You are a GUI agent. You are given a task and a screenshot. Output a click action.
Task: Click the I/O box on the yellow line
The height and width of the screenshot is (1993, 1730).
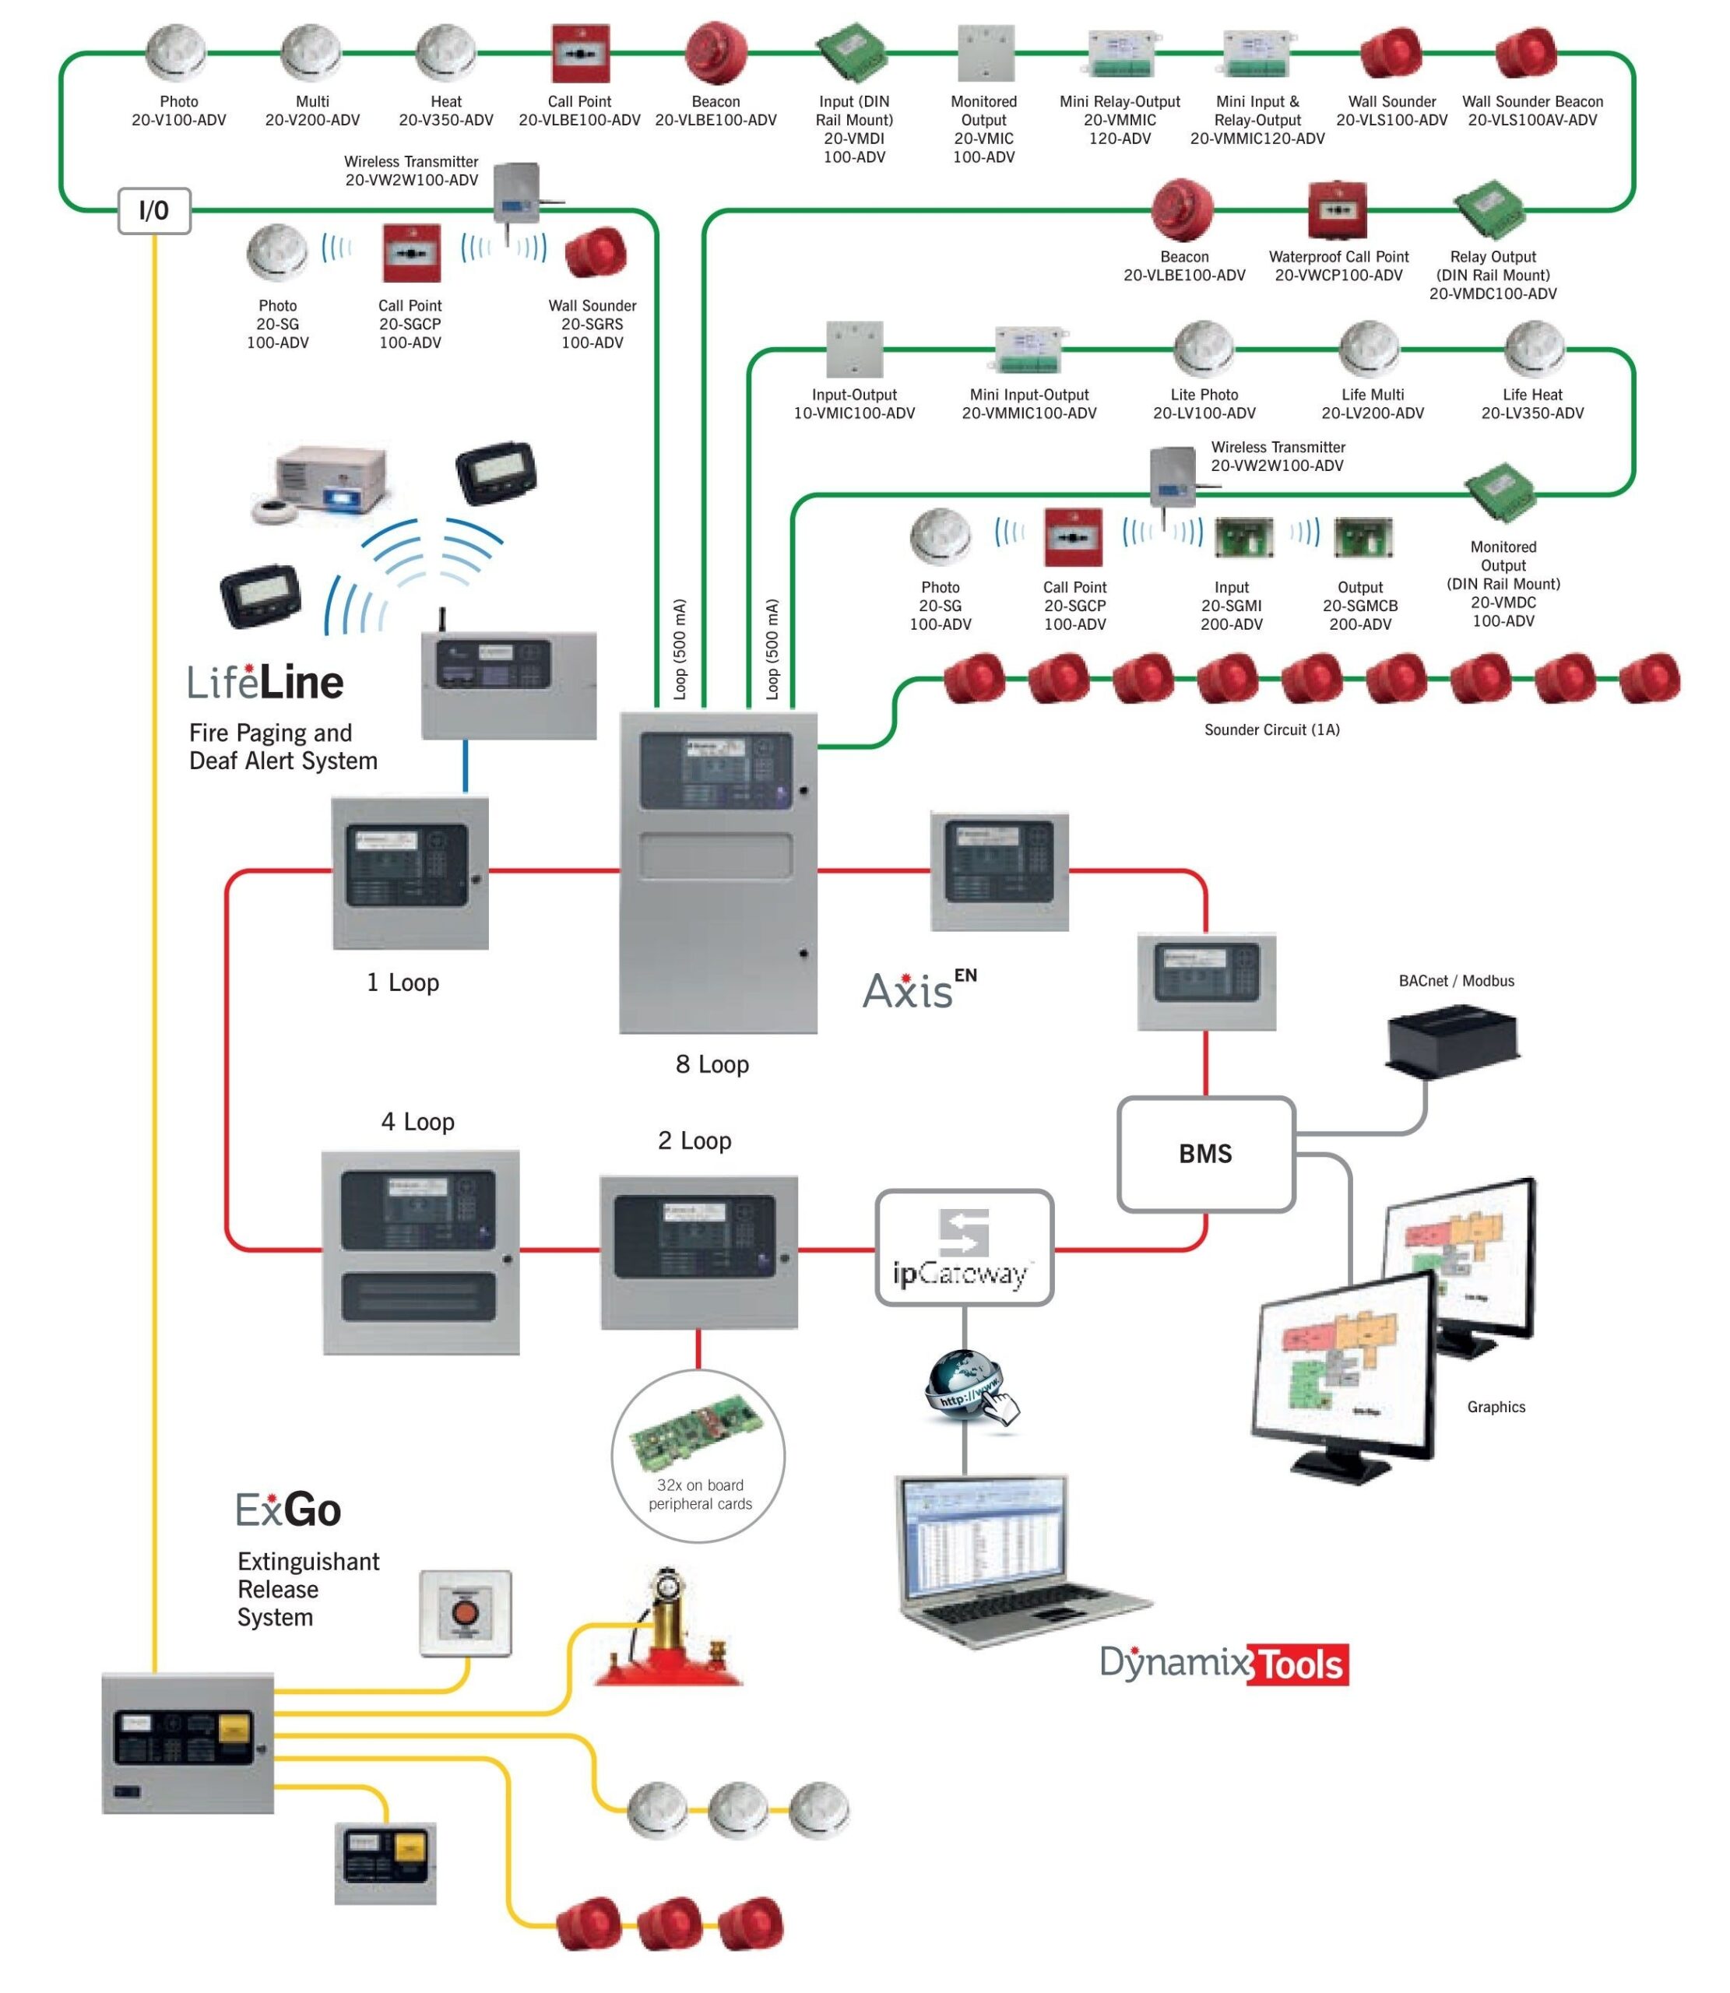click(154, 210)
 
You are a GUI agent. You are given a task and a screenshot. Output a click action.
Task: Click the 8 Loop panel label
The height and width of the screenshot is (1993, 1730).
click(712, 1064)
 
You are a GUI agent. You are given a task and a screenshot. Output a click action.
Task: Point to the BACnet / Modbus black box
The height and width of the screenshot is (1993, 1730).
click(1453, 1040)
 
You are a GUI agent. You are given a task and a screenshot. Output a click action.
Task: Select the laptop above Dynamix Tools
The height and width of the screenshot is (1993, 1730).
click(1004, 1559)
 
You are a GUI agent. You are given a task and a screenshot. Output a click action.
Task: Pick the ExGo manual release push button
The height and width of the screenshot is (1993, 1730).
click(466, 1614)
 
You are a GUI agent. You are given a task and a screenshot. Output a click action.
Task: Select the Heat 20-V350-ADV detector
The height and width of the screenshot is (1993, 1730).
click(445, 53)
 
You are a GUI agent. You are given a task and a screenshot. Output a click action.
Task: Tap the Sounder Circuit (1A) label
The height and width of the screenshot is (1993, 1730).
click(1271, 729)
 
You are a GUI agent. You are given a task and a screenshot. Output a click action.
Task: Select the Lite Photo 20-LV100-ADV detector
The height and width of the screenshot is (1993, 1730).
click(1203, 350)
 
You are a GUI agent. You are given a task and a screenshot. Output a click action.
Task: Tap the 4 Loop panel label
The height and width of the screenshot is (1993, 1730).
click(417, 1122)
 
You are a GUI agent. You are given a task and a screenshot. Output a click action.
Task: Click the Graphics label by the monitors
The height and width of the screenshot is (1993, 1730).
click(1496, 1407)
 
